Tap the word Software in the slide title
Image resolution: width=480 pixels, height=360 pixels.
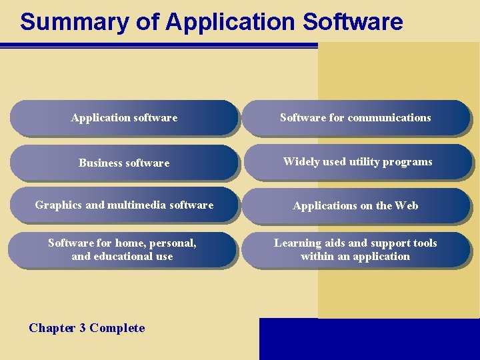click(353, 21)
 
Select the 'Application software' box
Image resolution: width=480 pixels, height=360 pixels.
click(124, 118)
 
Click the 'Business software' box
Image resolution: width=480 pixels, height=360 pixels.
click(124, 163)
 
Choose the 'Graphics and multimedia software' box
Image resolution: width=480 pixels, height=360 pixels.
click(124, 205)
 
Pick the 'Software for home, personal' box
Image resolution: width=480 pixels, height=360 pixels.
click(122, 249)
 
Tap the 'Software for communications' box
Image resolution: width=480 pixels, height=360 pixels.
click(355, 118)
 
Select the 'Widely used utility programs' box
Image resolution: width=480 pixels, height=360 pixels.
click(357, 162)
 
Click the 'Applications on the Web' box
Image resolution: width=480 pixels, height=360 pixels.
click(355, 205)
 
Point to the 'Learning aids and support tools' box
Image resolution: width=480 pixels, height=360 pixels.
click(355, 249)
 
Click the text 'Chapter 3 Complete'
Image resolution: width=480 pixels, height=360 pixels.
click(87, 328)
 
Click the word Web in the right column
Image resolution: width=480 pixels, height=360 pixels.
click(406, 205)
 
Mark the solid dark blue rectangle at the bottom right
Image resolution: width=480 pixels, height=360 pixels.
click(369, 339)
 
